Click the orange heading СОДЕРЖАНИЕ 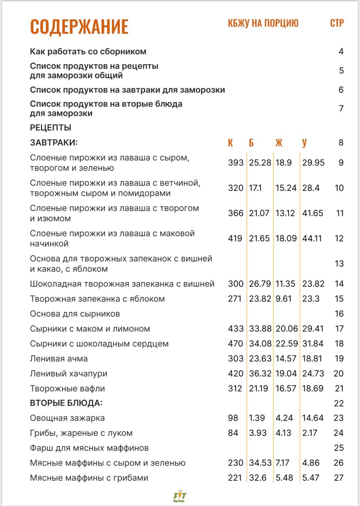(79, 26)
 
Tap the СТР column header (337, 23)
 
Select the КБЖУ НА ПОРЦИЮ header (263, 23)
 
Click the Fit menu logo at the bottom (180, 496)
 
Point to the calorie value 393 (236, 163)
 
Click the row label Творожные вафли (68, 389)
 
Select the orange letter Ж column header (279, 143)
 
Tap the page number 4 (341, 51)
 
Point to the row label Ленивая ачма (59, 359)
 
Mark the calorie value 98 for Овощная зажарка (233, 418)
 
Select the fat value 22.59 (286, 344)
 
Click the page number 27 (339, 478)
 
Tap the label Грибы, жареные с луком (81, 433)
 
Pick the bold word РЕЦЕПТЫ (51, 128)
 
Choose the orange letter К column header (230, 143)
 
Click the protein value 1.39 (257, 418)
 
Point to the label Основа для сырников (75, 314)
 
